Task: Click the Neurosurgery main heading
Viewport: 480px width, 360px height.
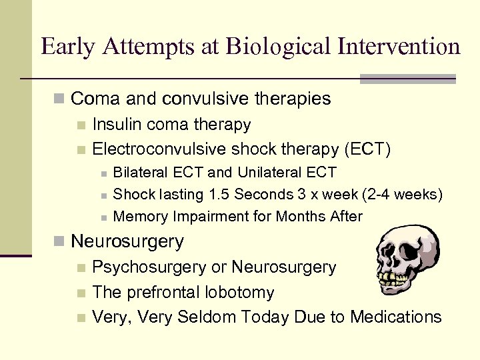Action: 127,241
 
